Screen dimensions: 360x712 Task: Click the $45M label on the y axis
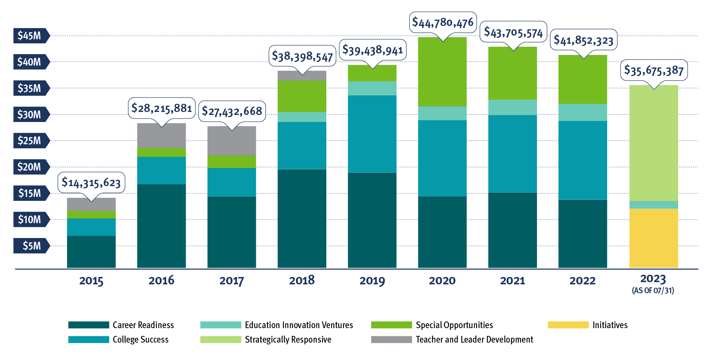coord(30,36)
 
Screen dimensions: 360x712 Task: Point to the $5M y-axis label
coord(32,246)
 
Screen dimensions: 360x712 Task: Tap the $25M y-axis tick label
coord(30,141)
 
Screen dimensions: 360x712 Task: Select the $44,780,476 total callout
coord(443,23)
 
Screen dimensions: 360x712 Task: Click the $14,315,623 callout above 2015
coord(91,182)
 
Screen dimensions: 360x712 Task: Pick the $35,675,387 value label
coord(654,70)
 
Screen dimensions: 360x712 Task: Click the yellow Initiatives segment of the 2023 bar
coord(653,238)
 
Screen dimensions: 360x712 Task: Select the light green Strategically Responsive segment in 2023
coord(653,143)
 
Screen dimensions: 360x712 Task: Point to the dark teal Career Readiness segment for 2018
coord(301,219)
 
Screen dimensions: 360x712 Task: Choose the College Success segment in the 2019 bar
coord(372,133)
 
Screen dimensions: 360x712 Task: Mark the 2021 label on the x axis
coord(512,281)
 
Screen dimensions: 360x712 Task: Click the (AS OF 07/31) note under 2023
coord(653,291)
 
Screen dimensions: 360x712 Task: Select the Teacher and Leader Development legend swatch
coord(391,340)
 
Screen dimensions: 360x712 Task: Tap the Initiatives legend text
coord(610,325)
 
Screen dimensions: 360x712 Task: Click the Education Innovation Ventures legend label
coord(299,325)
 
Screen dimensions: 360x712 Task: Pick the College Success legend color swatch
coord(89,340)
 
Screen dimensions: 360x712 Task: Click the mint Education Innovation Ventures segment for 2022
coord(583,112)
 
